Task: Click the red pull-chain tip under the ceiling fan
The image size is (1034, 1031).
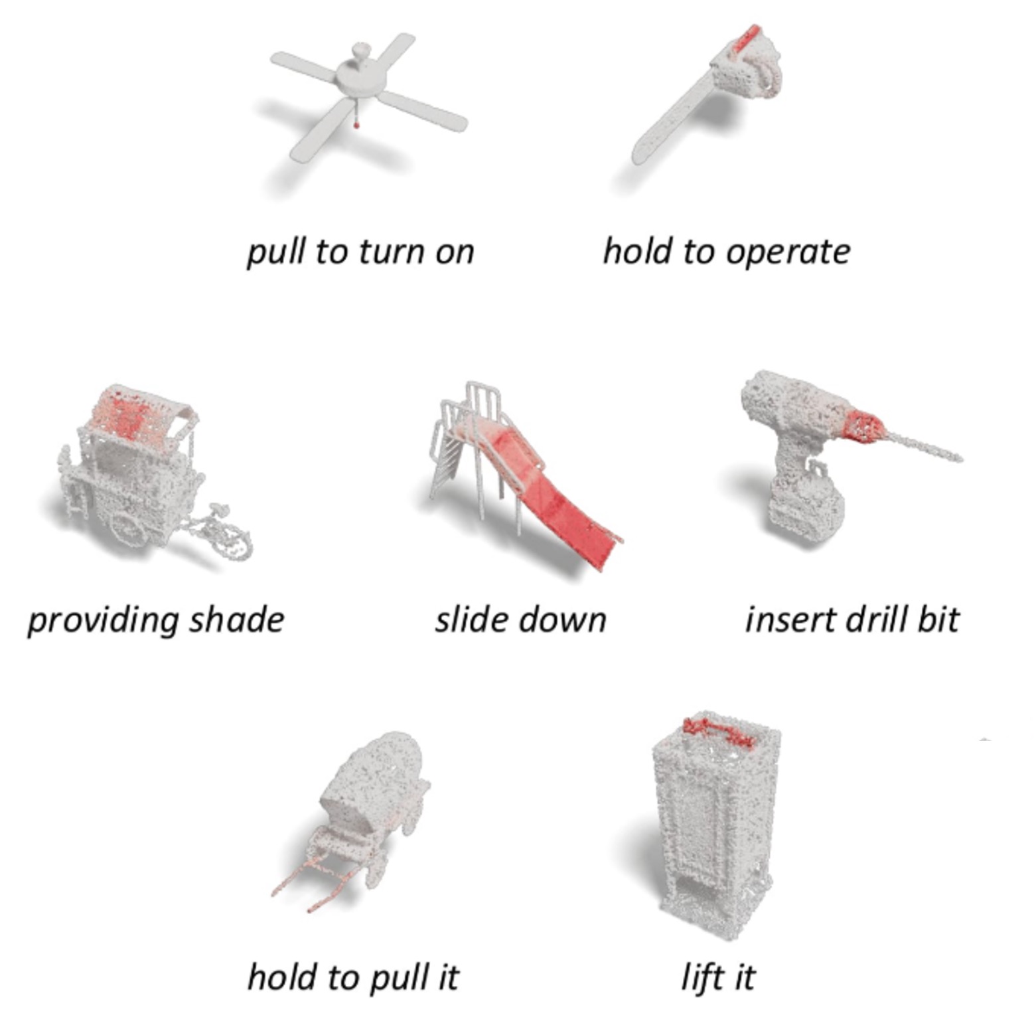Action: coord(356,123)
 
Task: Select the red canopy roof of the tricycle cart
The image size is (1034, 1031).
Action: coord(136,416)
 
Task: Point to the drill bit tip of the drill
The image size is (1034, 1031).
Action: coord(958,457)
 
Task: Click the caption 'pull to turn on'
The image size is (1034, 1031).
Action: coord(360,252)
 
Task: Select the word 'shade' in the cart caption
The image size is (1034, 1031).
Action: coord(236,619)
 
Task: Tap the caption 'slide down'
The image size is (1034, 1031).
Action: coord(520,619)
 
